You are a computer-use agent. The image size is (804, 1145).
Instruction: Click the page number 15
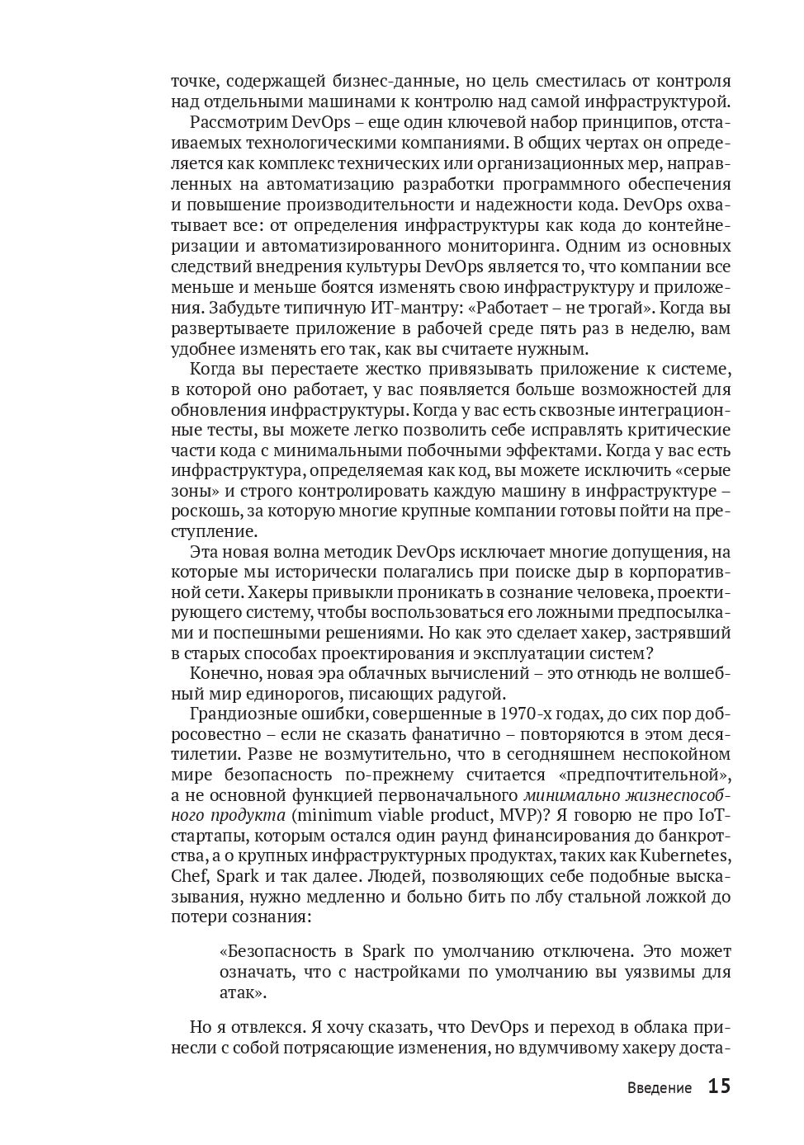pyautogui.click(x=719, y=1086)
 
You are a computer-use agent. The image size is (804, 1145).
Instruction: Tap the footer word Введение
pyautogui.click(x=658, y=1088)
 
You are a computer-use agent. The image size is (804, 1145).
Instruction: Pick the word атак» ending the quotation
pyautogui.click(x=243, y=992)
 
